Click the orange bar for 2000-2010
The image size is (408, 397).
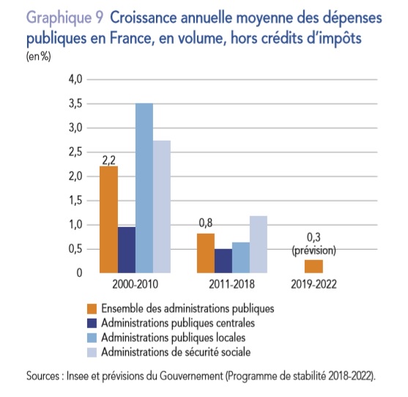pyautogui.click(x=108, y=220)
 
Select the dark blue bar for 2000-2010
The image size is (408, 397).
pyautogui.click(x=127, y=250)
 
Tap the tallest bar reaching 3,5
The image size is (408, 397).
pyautogui.click(x=144, y=188)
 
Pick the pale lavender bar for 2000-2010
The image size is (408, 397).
pyautogui.click(x=162, y=207)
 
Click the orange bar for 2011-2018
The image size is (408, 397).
pyautogui.click(x=206, y=253)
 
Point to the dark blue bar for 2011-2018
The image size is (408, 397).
pyautogui.click(x=223, y=261)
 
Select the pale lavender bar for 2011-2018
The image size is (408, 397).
pyautogui.click(x=259, y=245)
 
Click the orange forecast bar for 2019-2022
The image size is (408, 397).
pyautogui.click(x=314, y=267)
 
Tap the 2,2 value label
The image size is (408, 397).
pyautogui.click(x=108, y=160)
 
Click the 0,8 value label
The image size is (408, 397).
pyautogui.click(x=206, y=223)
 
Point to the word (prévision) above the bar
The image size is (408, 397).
pyautogui.click(x=314, y=251)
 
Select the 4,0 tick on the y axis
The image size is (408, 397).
pyautogui.click(x=75, y=79)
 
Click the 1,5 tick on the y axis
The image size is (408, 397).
pyautogui.click(x=75, y=201)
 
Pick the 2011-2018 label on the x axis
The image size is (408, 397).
pyautogui.click(x=232, y=284)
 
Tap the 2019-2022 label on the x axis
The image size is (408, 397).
pyautogui.click(x=314, y=284)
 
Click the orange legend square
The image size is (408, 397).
pyautogui.click(x=92, y=309)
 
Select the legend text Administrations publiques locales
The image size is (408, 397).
pyautogui.click(x=174, y=338)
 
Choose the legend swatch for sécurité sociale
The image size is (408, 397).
pyautogui.click(x=92, y=352)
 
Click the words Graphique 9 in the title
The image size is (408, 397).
pyautogui.click(x=64, y=19)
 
